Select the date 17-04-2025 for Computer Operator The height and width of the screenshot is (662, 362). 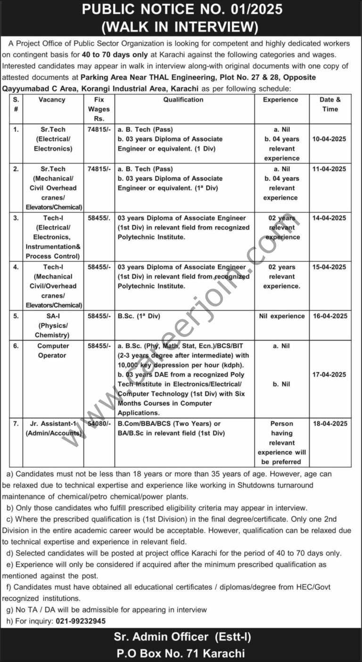pyautogui.click(x=329, y=375)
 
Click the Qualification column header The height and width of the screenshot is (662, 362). pyautogui.click(x=183, y=100)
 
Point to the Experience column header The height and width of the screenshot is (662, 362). pyautogui.click(x=280, y=100)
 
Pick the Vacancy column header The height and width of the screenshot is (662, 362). pyautogui.click(x=52, y=100)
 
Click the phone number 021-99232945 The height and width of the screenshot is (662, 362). pyautogui.click(x=81, y=621)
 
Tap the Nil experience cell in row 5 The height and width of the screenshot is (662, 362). pyautogui.click(x=282, y=316)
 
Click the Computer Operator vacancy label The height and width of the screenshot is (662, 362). pyautogui.click(x=53, y=351)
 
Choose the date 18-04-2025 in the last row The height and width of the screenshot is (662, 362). pyautogui.click(x=329, y=424)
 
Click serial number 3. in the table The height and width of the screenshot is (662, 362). pyautogui.click(x=16, y=218)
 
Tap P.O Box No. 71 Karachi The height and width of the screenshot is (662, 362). pyautogui.click(x=181, y=653)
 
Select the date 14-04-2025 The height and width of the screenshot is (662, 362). pyautogui.click(x=329, y=218)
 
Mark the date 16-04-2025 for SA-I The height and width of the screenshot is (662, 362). pyautogui.click(x=329, y=316)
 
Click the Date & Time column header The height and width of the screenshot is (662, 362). pyautogui.click(x=330, y=104)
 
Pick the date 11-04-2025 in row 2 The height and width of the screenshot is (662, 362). pyautogui.click(x=329, y=169)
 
